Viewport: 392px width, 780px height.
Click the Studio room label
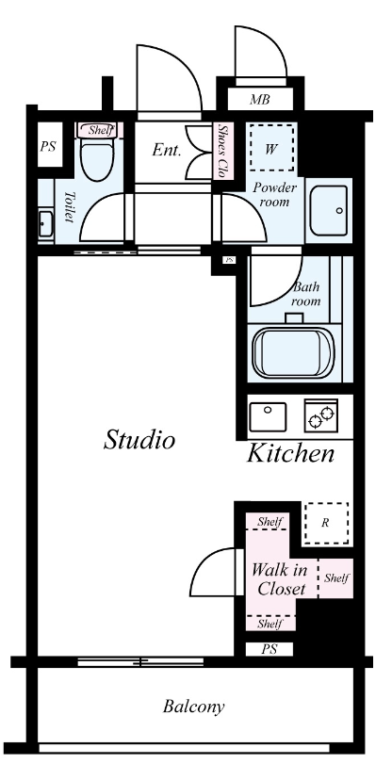coord(139,440)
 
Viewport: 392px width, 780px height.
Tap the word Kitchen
coord(290,453)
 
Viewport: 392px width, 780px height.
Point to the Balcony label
coord(193,707)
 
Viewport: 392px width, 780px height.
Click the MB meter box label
coord(259,100)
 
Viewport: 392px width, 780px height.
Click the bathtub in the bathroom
coord(293,352)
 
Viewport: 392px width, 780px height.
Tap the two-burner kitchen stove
coord(321,415)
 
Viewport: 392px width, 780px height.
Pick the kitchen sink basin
coord(268,416)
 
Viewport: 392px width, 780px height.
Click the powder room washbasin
coord(328,210)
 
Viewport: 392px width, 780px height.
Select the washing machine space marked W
coord(271,148)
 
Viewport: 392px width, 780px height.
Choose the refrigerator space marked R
coord(326,523)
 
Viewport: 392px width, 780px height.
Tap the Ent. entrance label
coord(167,150)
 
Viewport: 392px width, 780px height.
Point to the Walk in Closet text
coord(279,579)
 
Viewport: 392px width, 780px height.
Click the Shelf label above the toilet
coord(101,130)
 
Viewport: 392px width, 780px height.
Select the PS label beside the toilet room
coord(48,147)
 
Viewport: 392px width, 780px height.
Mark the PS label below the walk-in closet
coord(269,649)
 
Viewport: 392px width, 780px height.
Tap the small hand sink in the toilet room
coord(46,224)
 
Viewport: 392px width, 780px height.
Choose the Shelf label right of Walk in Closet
coord(336,578)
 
